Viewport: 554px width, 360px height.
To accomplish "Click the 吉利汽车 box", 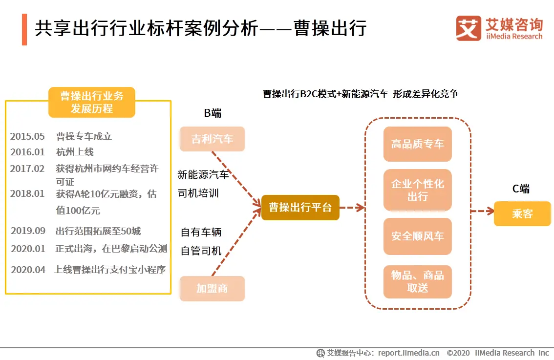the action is click(212, 139).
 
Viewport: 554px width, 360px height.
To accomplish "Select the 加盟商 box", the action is click(212, 288).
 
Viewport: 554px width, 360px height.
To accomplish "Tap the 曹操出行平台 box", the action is click(300, 208).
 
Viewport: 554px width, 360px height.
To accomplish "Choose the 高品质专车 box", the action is click(418, 144).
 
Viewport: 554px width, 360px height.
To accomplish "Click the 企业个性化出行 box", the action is click(418, 190).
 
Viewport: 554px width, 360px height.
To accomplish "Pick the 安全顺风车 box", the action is click(418, 236).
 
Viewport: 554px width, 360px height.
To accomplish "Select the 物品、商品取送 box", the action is click(418, 281).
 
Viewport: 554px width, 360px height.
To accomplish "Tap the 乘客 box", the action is click(522, 213).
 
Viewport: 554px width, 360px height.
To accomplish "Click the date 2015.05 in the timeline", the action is click(27, 136).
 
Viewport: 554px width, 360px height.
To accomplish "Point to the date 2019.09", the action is click(28, 231).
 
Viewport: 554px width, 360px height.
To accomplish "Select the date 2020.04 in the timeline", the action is click(28, 270).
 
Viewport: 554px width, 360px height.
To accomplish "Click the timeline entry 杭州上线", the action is click(75, 152).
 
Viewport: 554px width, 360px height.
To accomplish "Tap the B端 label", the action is click(213, 113).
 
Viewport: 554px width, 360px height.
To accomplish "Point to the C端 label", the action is click(521, 189).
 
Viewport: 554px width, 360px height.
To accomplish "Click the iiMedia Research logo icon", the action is click(469, 28).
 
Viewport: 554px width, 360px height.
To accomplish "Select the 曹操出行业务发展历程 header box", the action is click(92, 102).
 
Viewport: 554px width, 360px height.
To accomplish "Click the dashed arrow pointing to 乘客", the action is click(483, 211).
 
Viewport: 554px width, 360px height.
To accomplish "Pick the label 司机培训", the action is click(198, 193).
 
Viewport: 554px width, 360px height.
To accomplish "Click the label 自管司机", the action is click(201, 251).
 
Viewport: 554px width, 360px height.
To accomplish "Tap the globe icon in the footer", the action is click(320, 353).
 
